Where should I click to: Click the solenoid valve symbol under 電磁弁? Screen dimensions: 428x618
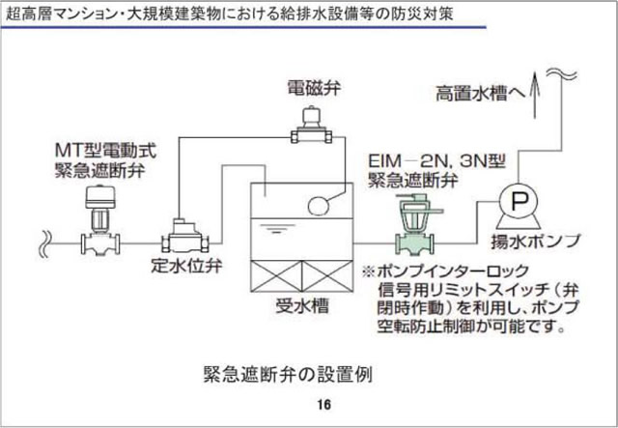tap(312, 127)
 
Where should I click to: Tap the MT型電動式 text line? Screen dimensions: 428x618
tap(104, 151)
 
